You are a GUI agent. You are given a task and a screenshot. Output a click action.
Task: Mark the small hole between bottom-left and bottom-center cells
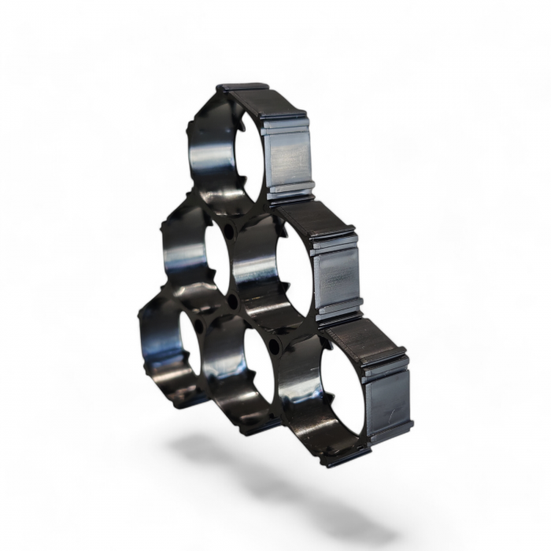[198, 324]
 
